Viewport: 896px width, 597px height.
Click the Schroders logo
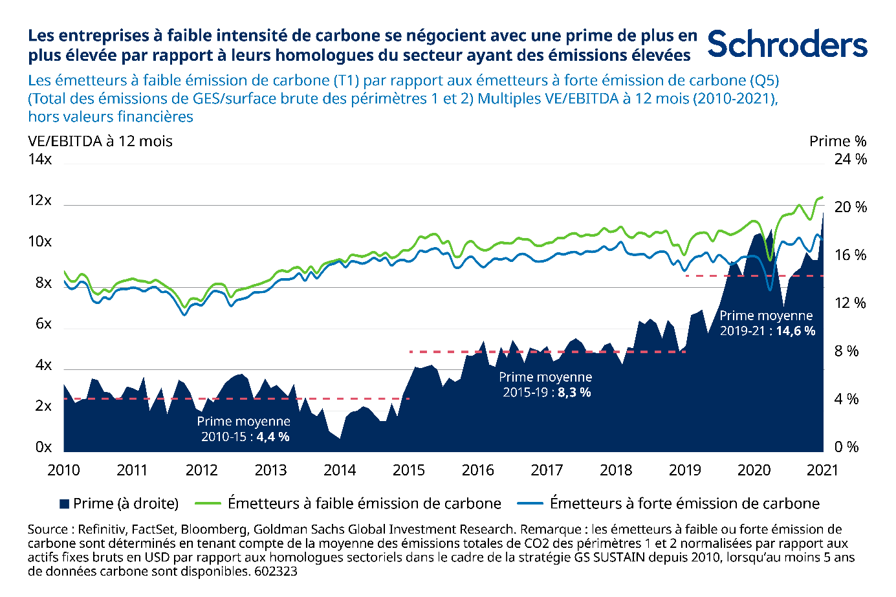click(x=787, y=44)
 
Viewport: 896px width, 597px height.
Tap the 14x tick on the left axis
click(x=39, y=159)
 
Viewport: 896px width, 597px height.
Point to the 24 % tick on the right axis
click(x=850, y=159)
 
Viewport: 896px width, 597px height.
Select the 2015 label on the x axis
click(x=409, y=470)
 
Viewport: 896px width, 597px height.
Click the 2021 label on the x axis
click(x=822, y=470)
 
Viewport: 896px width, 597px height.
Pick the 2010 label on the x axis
click(x=63, y=470)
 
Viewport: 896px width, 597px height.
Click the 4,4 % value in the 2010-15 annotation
click(x=273, y=437)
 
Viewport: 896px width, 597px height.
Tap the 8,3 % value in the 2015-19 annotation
click(x=574, y=392)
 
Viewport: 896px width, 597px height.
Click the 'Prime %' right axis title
click(x=837, y=141)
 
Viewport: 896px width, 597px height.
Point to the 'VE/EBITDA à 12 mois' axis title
click(x=100, y=141)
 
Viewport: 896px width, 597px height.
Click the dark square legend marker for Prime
click(x=64, y=504)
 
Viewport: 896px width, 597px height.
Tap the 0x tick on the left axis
click(x=43, y=447)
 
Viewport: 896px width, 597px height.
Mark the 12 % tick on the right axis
click(x=850, y=303)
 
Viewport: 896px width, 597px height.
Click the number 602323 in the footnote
click(x=276, y=571)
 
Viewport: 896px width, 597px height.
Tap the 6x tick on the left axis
click(x=43, y=323)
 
